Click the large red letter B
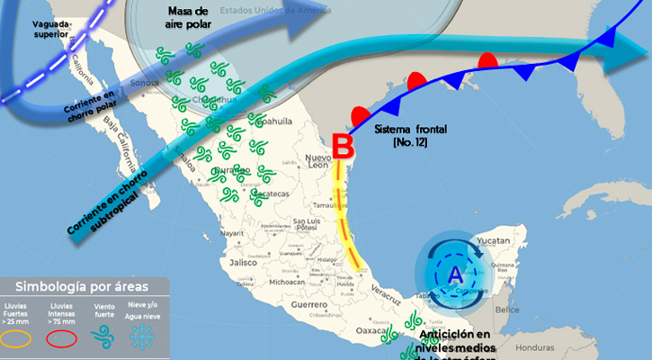[341, 145]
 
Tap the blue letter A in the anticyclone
[455, 273]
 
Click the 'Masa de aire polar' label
[188, 17]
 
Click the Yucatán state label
[494, 241]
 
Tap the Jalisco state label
[244, 263]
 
